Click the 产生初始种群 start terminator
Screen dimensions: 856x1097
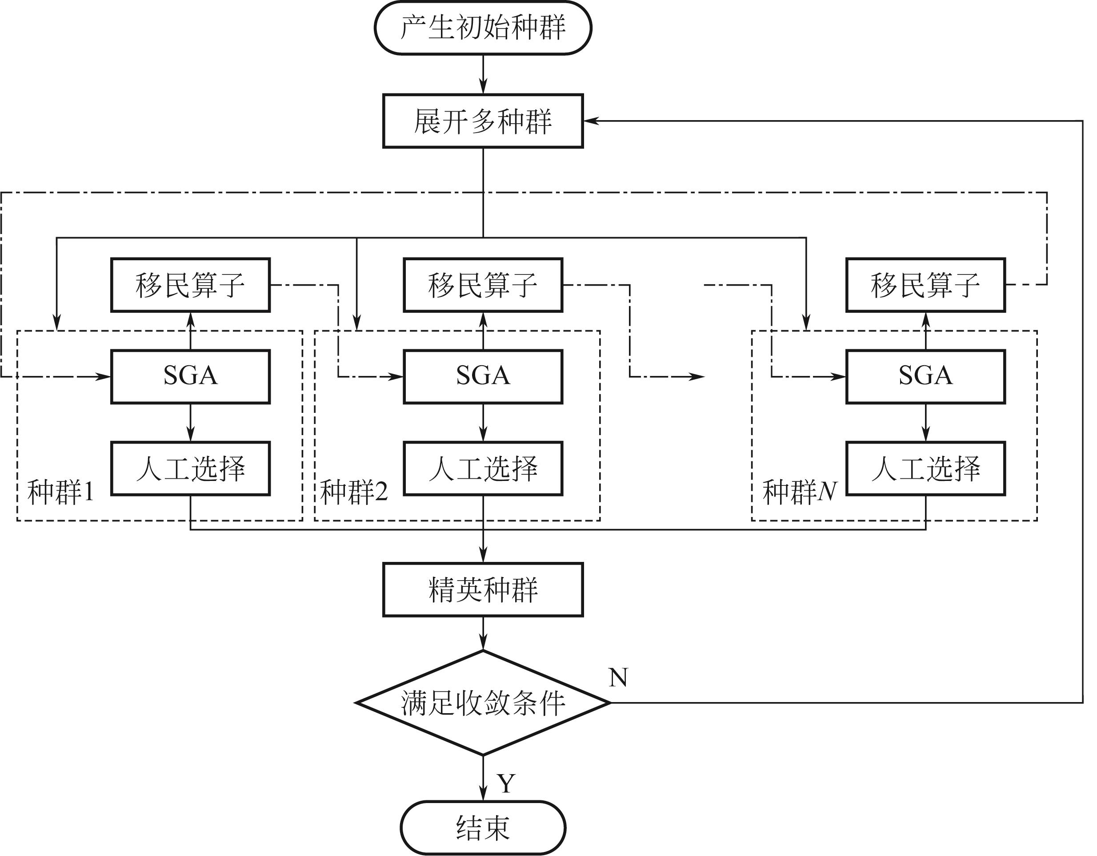[x=483, y=28]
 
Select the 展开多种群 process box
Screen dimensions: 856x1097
[x=483, y=121]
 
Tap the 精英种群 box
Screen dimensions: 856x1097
[x=483, y=590]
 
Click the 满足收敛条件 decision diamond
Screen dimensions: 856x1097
[x=483, y=703]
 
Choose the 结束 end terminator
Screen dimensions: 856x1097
[x=483, y=828]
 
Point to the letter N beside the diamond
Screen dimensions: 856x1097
[x=618, y=678]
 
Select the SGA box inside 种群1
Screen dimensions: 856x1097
[x=190, y=376]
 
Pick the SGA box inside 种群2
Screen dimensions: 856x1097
[x=483, y=376]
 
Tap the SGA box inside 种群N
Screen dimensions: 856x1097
[x=925, y=376]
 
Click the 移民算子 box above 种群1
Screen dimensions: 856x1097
[x=190, y=285]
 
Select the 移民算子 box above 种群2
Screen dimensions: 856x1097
[x=483, y=285]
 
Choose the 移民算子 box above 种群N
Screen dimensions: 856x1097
[x=925, y=285]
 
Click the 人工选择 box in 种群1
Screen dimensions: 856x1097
[x=190, y=468]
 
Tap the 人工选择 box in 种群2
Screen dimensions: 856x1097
[x=483, y=468]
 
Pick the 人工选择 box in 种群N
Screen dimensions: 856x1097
[x=925, y=468]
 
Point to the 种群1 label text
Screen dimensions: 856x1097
[x=61, y=492]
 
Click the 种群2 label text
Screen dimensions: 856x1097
[x=354, y=492]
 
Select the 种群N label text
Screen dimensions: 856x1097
[x=799, y=492]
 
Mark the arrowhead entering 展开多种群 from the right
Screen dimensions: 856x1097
[x=591, y=121]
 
